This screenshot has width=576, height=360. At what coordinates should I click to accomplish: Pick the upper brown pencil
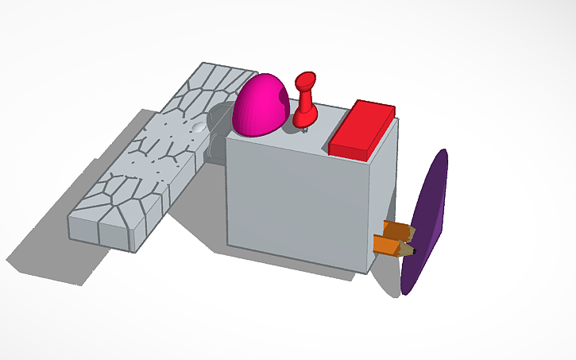click(x=397, y=230)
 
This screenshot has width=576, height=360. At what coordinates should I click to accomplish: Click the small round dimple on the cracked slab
click(x=199, y=126)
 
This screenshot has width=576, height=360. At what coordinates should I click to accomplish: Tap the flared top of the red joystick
click(x=306, y=79)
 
